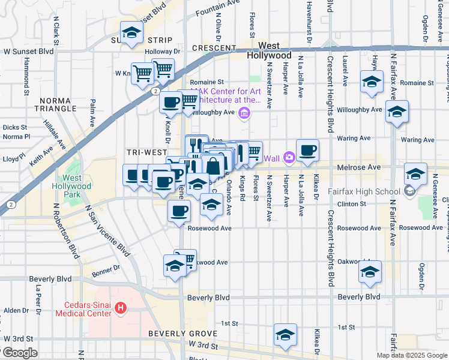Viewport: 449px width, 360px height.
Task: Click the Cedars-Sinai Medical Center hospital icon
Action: click(x=121, y=308)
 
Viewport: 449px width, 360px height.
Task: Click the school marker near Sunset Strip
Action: click(x=130, y=34)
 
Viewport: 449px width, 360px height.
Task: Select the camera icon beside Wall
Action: click(x=289, y=158)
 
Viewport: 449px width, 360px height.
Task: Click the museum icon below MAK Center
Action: click(x=244, y=114)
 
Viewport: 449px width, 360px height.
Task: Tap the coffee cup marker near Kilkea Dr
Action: click(x=307, y=151)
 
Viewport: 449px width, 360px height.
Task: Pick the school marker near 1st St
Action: click(x=285, y=335)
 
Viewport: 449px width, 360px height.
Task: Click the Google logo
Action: click(x=19, y=353)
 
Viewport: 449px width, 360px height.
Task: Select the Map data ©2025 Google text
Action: click(x=412, y=355)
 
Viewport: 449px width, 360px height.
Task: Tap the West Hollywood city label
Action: click(x=269, y=50)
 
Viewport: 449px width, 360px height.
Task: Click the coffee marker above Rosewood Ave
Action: click(x=179, y=211)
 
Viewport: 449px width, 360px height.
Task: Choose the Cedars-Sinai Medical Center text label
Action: click(x=83, y=308)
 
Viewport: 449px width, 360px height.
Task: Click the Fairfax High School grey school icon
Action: click(x=410, y=192)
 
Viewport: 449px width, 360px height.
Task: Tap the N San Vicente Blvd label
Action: click(x=106, y=232)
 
